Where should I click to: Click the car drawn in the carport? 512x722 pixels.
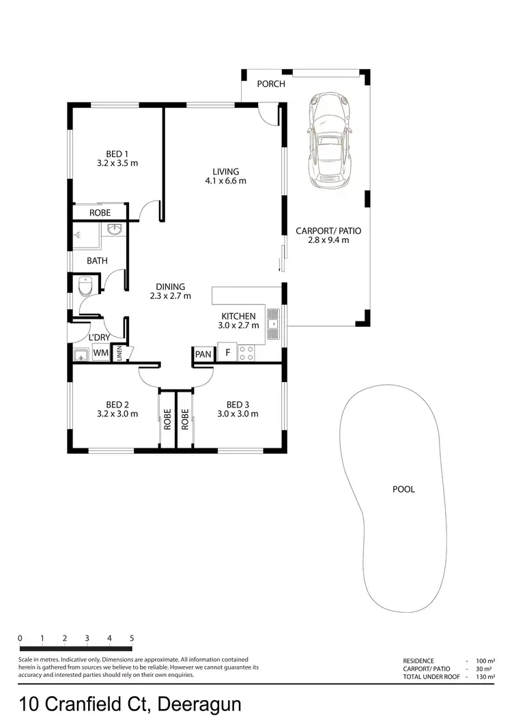click(330, 141)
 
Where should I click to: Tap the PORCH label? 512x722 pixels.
click(270, 85)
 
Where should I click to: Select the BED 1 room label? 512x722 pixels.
click(117, 154)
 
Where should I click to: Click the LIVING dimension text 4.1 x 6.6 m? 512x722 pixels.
click(225, 182)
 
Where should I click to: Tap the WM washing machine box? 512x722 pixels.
click(100, 353)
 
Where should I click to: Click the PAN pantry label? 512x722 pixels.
click(203, 354)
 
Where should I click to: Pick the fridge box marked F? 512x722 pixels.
click(227, 353)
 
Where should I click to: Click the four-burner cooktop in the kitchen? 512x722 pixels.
click(246, 353)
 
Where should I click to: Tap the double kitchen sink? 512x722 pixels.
click(273, 325)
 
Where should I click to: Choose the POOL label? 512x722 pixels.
click(403, 489)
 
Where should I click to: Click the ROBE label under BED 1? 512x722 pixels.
click(100, 214)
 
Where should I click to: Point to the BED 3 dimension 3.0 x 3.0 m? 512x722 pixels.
click(238, 414)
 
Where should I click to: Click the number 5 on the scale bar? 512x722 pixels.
click(131, 639)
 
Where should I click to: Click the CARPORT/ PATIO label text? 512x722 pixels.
click(328, 231)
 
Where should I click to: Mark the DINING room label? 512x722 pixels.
click(170, 287)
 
